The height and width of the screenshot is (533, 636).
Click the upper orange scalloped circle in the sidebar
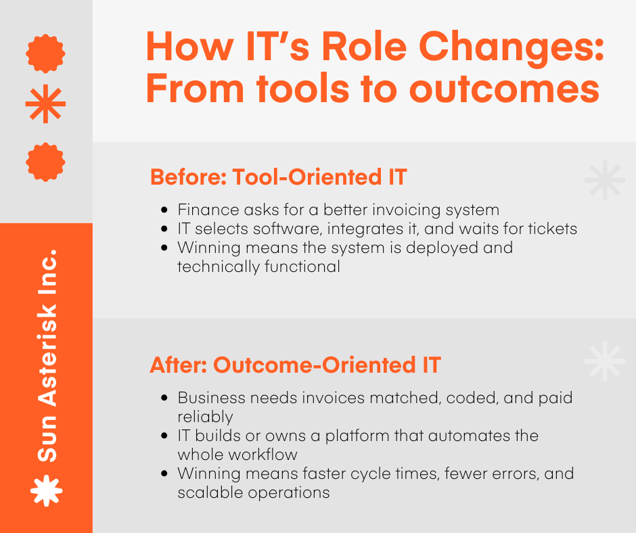(x=45, y=53)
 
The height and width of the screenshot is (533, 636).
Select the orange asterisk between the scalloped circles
(x=45, y=104)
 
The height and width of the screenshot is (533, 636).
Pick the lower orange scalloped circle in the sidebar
(x=45, y=162)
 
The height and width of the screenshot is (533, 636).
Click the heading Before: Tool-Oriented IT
(x=278, y=177)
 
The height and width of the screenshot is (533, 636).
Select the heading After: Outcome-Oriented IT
(x=295, y=365)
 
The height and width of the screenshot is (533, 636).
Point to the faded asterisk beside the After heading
(x=604, y=362)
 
